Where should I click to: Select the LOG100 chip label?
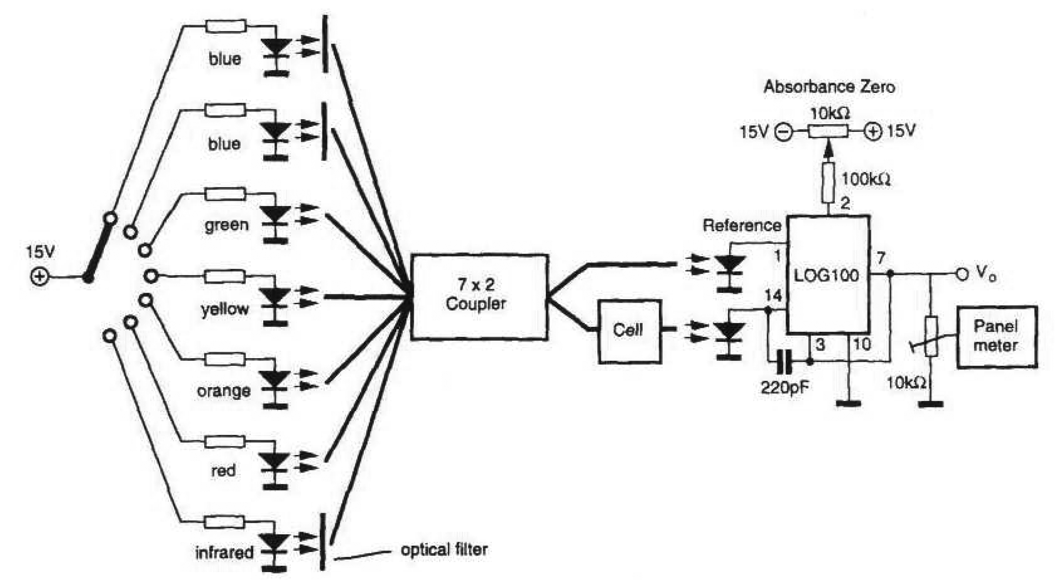coord(827,276)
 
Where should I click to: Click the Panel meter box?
coord(997,337)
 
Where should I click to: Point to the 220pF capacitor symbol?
coord(784,362)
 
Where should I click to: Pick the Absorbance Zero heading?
coord(829,87)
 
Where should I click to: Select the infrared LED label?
coord(224,553)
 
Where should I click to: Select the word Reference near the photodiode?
coord(742,226)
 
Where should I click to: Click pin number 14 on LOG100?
coord(772,296)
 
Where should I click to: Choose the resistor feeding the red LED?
coord(225,442)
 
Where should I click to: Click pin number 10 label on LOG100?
coord(862,344)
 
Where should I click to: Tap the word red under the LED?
coord(223,471)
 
